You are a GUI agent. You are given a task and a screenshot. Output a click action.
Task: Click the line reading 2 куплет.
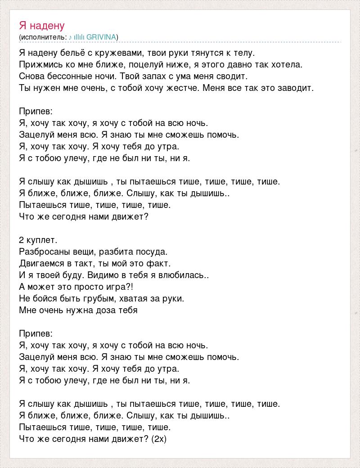click(39, 240)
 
